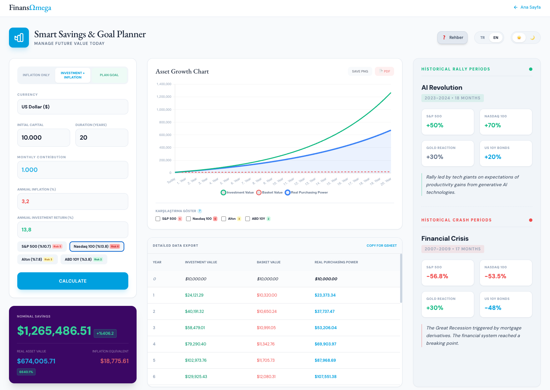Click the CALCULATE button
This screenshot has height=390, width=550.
pos(72,281)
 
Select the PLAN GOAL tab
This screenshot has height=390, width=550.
pos(109,75)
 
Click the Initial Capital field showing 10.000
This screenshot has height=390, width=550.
pos(44,138)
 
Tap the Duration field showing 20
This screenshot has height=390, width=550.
pos(101,138)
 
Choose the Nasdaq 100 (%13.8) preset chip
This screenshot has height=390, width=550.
pos(96,246)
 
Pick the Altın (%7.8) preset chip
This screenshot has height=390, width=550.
pos(37,259)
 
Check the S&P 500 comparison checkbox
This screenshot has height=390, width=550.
pos(158,219)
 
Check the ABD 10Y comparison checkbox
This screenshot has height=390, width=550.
pos(248,219)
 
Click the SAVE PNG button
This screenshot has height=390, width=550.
pos(360,71)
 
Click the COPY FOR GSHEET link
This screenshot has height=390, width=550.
pos(381,246)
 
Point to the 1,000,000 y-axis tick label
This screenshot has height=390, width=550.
pos(164,110)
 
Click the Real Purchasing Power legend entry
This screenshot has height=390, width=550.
pos(306,193)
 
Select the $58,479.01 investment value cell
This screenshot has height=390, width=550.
pos(195,328)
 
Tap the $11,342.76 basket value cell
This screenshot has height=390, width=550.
pos(266,344)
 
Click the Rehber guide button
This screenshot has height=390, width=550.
pos(452,38)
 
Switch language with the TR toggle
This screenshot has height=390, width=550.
pos(482,38)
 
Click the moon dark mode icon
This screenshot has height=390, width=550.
pos(532,38)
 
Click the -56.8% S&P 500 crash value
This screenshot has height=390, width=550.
pos(437,276)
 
